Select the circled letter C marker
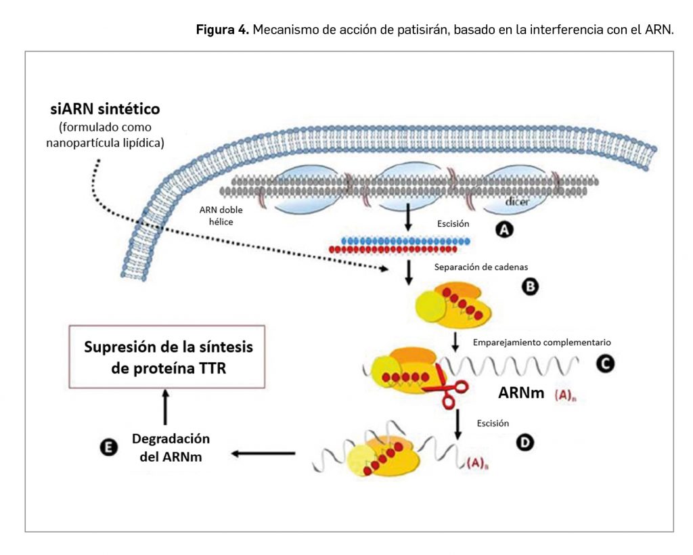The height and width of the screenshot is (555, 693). click(x=604, y=364)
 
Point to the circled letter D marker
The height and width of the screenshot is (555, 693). click(x=524, y=442)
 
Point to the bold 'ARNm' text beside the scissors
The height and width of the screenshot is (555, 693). click(x=521, y=393)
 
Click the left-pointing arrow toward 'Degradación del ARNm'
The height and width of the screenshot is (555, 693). click(x=264, y=453)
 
